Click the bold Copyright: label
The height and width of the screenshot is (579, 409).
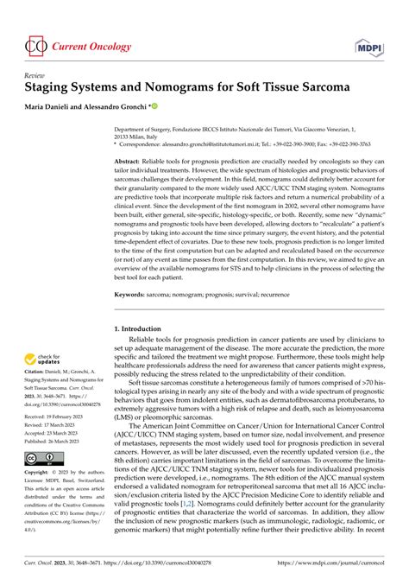39,474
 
